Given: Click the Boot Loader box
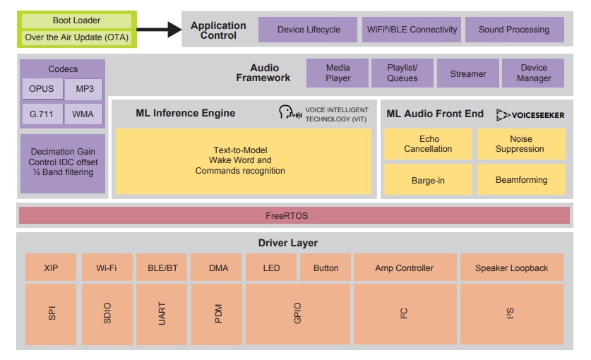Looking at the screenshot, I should point(77,21).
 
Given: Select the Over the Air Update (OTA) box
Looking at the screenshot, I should point(77,37).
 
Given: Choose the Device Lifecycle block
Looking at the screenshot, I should point(309,30).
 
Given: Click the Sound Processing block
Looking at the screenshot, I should point(514,30).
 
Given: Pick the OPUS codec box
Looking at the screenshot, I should point(42,90).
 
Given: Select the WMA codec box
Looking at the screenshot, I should point(83,114).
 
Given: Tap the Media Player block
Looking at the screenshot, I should point(338,73).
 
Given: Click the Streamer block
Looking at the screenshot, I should point(467,73).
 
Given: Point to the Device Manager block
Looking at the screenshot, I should point(533,73).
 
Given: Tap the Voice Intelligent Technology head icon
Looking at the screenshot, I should point(287,114).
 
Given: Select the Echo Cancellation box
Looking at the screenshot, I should point(428,144).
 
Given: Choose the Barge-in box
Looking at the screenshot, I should point(428,180).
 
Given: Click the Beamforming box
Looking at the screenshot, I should point(521,180).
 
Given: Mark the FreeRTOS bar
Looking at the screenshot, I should point(294,215).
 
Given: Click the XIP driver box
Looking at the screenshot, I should point(51,268).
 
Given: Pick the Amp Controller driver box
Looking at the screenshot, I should point(404,268).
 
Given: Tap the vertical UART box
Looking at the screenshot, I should point(162,313).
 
